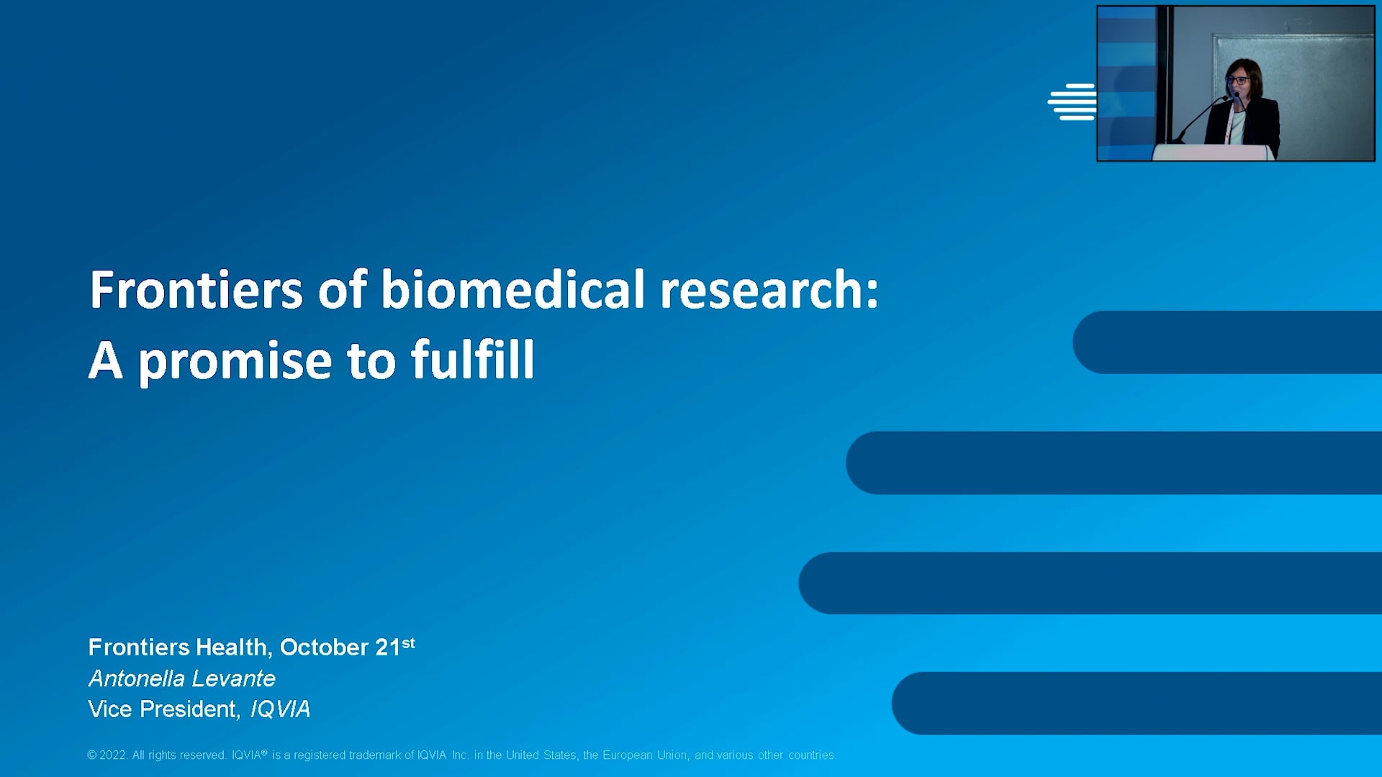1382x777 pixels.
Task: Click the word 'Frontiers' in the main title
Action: (x=196, y=290)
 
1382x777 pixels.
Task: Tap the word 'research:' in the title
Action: (x=769, y=290)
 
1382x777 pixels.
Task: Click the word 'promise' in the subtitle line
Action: (x=235, y=361)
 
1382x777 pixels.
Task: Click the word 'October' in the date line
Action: (x=325, y=647)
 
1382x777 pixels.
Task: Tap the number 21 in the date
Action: (x=388, y=647)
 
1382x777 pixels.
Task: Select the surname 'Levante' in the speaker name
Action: (x=233, y=678)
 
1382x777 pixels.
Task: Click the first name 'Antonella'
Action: (x=137, y=678)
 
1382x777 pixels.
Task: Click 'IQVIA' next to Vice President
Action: (x=280, y=709)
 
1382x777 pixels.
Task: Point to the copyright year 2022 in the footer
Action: (x=113, y=755)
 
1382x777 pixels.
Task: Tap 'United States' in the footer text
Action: (x=541, y=755)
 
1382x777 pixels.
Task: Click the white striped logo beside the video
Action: (x=1072, y=102)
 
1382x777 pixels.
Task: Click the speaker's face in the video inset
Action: (x=1239, y=81)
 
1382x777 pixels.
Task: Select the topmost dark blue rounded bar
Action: (x=1227, y=342)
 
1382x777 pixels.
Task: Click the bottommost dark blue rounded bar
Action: (x=1137, y=703)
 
